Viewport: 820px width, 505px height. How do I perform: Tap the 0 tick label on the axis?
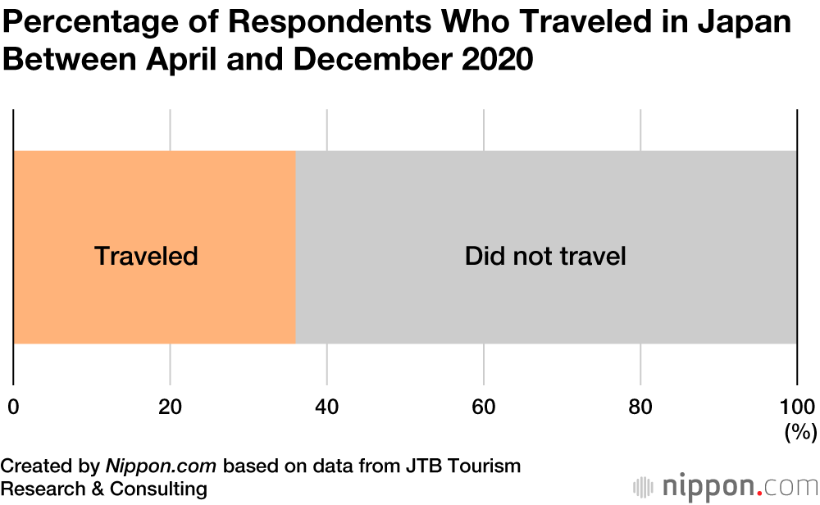tap(13, 407)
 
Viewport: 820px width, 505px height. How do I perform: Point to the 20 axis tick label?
tap(170, 407)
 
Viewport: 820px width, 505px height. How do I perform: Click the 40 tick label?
tap(326, 407)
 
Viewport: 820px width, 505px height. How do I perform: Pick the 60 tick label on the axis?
tap(484, 407)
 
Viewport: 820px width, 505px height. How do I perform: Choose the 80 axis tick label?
tap(640, 407)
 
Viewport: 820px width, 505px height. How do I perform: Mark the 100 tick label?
tap(796, 407)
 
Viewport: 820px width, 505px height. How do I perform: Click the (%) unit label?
tap(800, 432)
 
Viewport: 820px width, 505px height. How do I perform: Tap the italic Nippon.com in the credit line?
tap(161, 466)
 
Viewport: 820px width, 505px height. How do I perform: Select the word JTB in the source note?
tap(415, 466)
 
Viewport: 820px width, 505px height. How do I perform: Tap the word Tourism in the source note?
tap(480, 466)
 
